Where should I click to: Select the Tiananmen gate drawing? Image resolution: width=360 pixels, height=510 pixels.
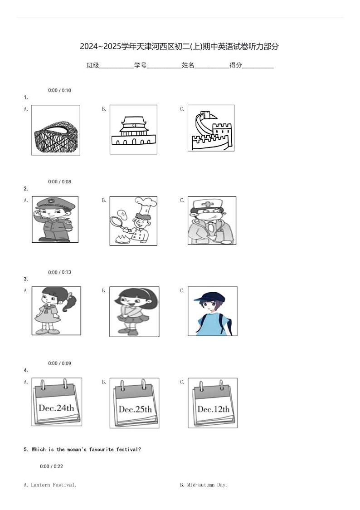[133, 130]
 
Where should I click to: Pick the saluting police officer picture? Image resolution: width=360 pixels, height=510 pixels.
[55, 220]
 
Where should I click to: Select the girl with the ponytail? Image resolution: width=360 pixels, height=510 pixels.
[56, 311]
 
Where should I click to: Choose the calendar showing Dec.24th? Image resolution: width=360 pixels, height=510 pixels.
[57, 402]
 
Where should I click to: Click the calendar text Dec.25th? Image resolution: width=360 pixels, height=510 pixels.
[135, 409]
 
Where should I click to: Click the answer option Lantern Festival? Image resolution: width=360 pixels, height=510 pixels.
[50, 485]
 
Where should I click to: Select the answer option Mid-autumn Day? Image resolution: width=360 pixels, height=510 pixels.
[204, 485]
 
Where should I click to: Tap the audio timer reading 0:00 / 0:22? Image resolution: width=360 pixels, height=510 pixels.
[52, 466]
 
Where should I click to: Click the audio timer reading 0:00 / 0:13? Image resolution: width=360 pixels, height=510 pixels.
[59, 272]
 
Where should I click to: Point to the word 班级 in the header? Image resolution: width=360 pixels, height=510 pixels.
[92, 65]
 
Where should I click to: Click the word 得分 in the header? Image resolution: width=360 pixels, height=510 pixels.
[236, 65]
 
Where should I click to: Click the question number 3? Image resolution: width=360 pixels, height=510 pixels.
[26, 279]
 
